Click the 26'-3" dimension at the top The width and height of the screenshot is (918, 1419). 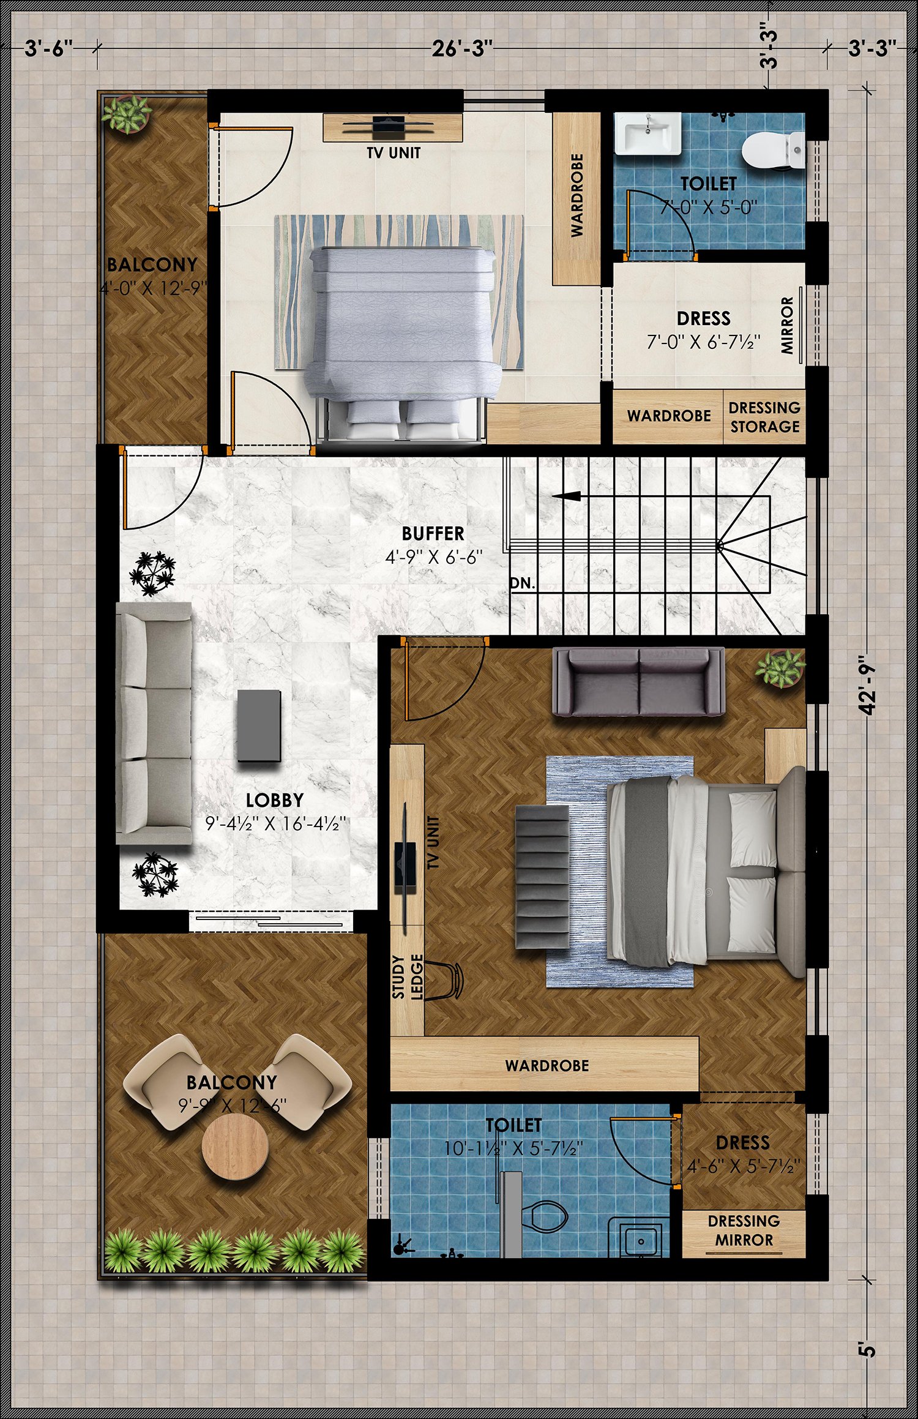click(x=462, y=48)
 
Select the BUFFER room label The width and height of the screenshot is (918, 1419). click(x=433, y=534)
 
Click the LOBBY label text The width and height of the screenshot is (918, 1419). click(x=275, y=800)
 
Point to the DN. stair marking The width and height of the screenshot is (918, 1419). click(x=523, y=583)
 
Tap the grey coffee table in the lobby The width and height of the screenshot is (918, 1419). click(x=259, y=726)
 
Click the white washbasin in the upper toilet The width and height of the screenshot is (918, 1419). click(x=647, y=133)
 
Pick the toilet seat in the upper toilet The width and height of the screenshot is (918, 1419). click(x=773, y=151)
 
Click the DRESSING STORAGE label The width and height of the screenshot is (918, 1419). click(x=764, y=417)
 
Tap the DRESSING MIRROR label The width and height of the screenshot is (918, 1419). click(x=744, y=1231)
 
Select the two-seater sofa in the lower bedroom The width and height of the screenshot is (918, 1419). click(x=638, y=682)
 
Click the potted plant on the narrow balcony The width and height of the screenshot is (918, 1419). click(x=127, y=114)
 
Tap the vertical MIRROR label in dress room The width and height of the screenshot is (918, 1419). click(x=787, y=326)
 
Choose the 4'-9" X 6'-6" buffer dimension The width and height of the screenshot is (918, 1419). click(x=434, y=557)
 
